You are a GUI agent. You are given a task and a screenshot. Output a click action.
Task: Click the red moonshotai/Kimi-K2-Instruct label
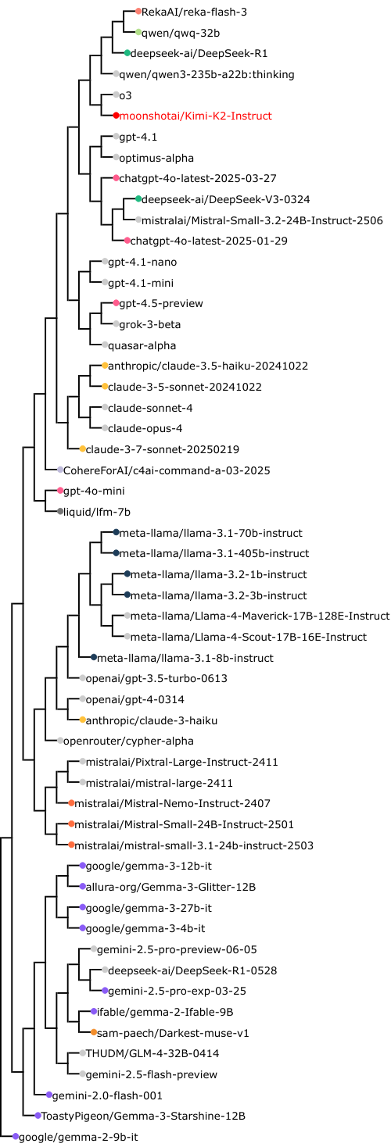pos(195,116)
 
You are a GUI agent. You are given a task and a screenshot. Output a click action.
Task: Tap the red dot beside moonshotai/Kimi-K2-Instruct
pos(117,116)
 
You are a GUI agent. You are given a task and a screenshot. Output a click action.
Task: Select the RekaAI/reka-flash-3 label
pos(194,12)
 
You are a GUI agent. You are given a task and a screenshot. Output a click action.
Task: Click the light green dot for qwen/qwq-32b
pos(138,32)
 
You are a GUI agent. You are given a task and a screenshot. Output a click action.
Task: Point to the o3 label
pos(126,95)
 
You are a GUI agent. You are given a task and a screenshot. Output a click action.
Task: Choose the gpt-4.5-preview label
pos(161,304)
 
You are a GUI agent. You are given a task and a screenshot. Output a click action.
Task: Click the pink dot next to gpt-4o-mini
pos(60,491)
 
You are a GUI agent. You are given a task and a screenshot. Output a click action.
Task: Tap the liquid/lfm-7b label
pos(97,512)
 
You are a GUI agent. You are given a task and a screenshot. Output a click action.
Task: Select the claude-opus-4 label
pos(145,429)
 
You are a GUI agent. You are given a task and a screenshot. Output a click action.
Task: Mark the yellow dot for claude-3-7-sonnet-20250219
pos(83,449)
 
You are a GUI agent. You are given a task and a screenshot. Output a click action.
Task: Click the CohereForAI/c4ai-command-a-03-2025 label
pos(167,470)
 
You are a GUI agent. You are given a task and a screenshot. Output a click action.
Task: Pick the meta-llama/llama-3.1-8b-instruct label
pos(185,658)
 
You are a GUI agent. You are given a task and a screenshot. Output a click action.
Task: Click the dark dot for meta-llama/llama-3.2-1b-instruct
pos(127,574)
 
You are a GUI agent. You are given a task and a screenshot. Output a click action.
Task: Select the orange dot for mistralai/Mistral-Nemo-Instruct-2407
pos(71,803)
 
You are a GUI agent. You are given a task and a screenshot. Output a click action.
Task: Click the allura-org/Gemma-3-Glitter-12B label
pos(170,887)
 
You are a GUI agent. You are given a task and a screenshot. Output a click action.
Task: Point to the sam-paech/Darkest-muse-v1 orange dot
pos(94,1033)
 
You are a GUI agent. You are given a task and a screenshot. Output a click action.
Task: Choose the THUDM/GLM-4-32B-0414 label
pos(152,1054)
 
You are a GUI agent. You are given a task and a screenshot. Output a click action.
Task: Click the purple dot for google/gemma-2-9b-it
pos(16,1137)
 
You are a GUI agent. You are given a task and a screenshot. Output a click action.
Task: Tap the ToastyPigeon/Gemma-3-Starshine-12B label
pos(143,1117)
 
